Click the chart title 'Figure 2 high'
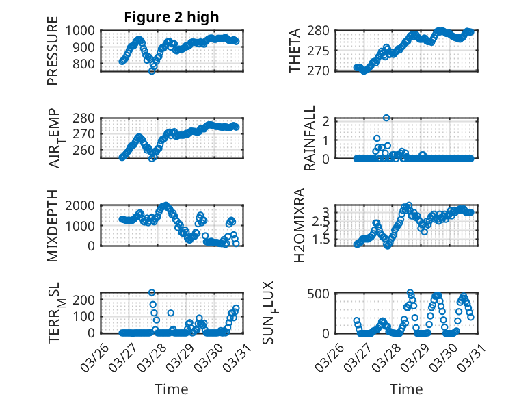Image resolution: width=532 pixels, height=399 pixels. point(171,17)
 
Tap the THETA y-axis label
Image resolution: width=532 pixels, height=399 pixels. point(295,50)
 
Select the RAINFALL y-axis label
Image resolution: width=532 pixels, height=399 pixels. point(310,138)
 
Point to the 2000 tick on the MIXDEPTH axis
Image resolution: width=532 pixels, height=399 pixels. point(84,205)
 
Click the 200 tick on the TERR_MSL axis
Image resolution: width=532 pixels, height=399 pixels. point(88,300)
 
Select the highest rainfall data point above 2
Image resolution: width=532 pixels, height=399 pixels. point(386,118)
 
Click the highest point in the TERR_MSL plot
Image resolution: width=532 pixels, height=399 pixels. point(152,293)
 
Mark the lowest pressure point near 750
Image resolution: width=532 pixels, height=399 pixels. point(152,71)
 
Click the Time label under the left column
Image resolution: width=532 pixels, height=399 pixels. point(172,389)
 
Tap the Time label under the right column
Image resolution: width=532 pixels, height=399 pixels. point(406,389)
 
